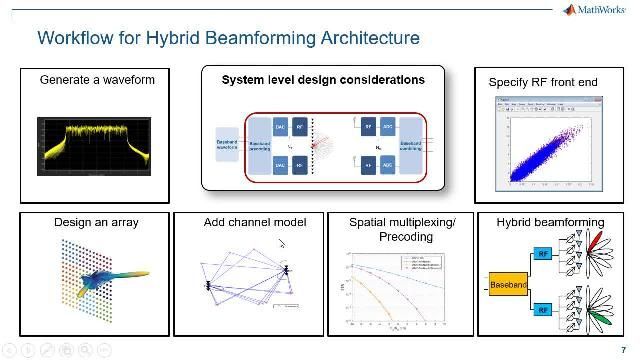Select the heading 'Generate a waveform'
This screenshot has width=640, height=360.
coord(97,79)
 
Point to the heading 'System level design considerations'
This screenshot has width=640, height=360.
coord(322,79)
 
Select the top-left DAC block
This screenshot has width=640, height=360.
coord(281,127)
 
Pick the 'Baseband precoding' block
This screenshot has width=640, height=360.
coord(258,147)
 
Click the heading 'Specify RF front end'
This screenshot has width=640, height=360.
coord(541,81)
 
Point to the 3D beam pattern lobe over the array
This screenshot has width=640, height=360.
coord(118,276)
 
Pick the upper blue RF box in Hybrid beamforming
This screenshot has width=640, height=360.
coord(541,254)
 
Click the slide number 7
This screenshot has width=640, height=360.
coord(623,348)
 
